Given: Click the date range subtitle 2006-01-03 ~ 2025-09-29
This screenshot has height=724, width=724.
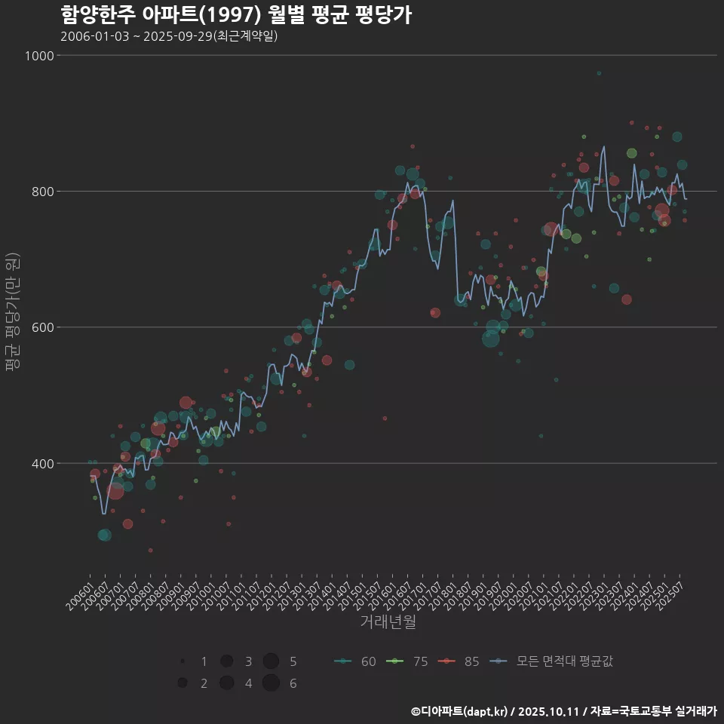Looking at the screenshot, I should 169,36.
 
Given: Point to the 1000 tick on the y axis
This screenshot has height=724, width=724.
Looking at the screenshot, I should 39,56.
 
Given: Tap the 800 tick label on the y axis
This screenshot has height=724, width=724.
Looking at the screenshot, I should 42,192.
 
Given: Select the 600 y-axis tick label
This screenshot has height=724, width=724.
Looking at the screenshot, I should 42,327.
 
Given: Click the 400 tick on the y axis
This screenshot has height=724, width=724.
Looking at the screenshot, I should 42,463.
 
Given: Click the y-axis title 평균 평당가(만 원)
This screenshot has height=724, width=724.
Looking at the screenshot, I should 13,312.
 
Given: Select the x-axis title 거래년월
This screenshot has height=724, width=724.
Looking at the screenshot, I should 388,622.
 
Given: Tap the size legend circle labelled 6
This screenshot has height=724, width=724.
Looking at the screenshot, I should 271,683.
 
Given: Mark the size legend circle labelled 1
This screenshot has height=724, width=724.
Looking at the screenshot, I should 183,661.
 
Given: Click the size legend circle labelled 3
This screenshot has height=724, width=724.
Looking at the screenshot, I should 226,661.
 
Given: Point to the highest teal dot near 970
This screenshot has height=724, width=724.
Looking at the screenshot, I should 599,73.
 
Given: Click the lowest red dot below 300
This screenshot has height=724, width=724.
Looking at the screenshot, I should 150,550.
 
